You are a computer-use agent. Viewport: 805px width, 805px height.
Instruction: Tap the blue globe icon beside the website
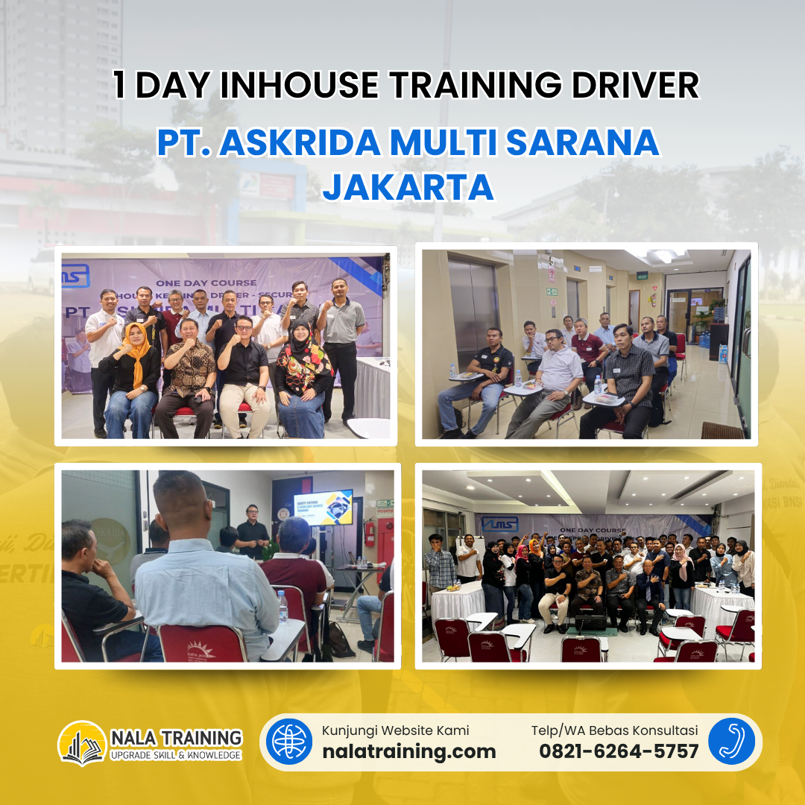(289, 742)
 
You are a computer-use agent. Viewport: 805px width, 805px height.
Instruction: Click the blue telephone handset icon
(731, 742)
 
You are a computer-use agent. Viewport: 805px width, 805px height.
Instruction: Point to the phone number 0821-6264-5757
(619, 751)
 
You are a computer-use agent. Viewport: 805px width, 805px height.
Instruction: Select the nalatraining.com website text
(408, 751)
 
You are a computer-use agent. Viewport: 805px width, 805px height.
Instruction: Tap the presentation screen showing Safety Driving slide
(323, 508)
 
